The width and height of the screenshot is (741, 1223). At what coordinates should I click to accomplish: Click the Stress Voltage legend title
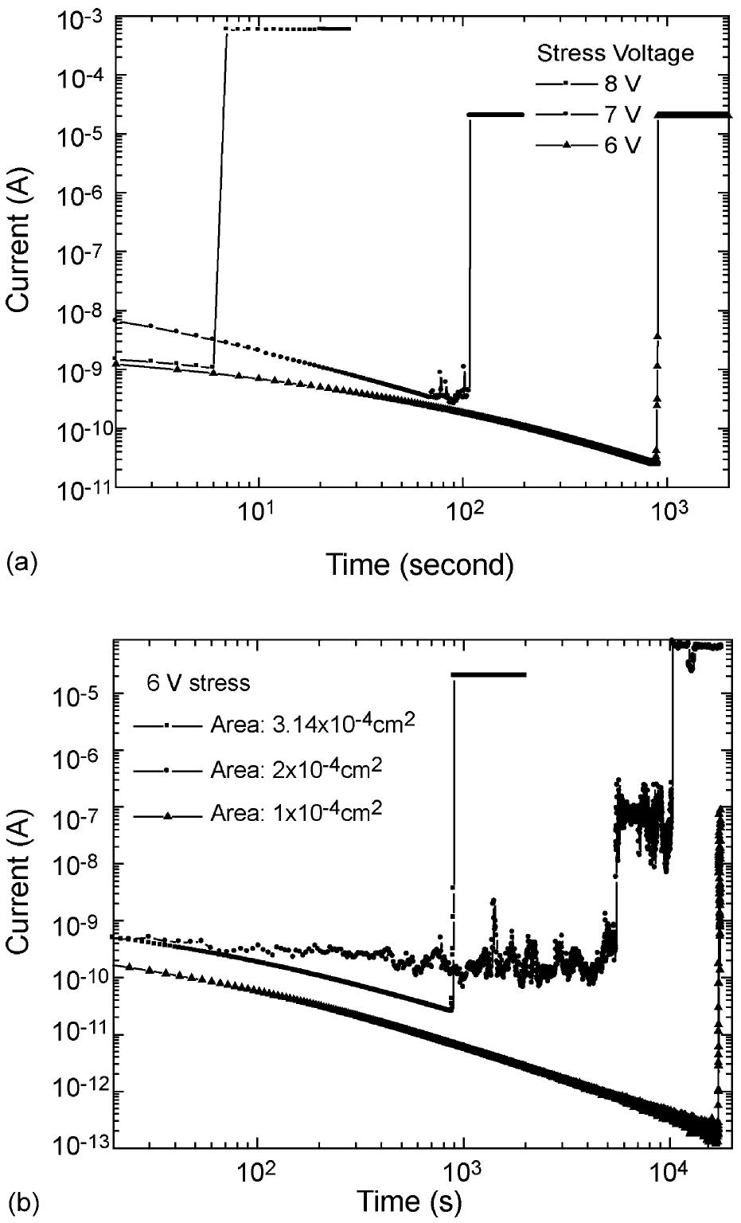[615, 53]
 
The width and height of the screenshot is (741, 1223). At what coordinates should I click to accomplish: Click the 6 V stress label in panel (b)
[197, 682]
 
